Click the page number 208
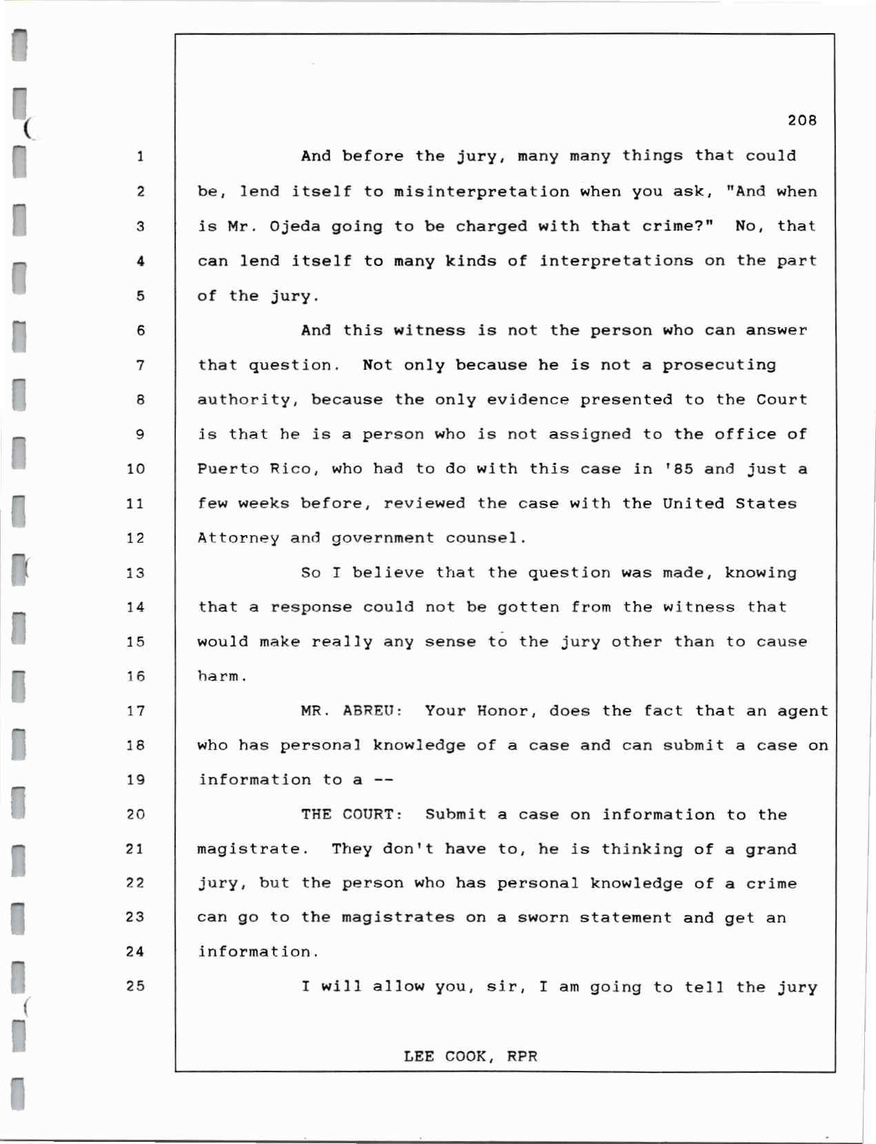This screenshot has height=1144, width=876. [x=802, y=121]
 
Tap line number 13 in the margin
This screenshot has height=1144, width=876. [x=136, y=573]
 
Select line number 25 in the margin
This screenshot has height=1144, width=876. [x=136, y=986]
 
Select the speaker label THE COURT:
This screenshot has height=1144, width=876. [x=352, y=815]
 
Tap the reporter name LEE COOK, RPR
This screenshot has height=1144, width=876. [x=470, y=1057]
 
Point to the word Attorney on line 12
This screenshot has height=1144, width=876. [x=238, y=538]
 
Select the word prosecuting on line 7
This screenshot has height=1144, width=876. [x=719, y=365]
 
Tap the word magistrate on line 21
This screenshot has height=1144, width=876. [x=248, y=849]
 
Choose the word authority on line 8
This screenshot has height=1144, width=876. [x=243, y=399]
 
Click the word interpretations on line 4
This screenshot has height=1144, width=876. [x=616, y=261]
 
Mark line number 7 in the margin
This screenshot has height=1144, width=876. [x=140, y=365]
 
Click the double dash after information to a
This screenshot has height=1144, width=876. [x=383, y=780]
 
